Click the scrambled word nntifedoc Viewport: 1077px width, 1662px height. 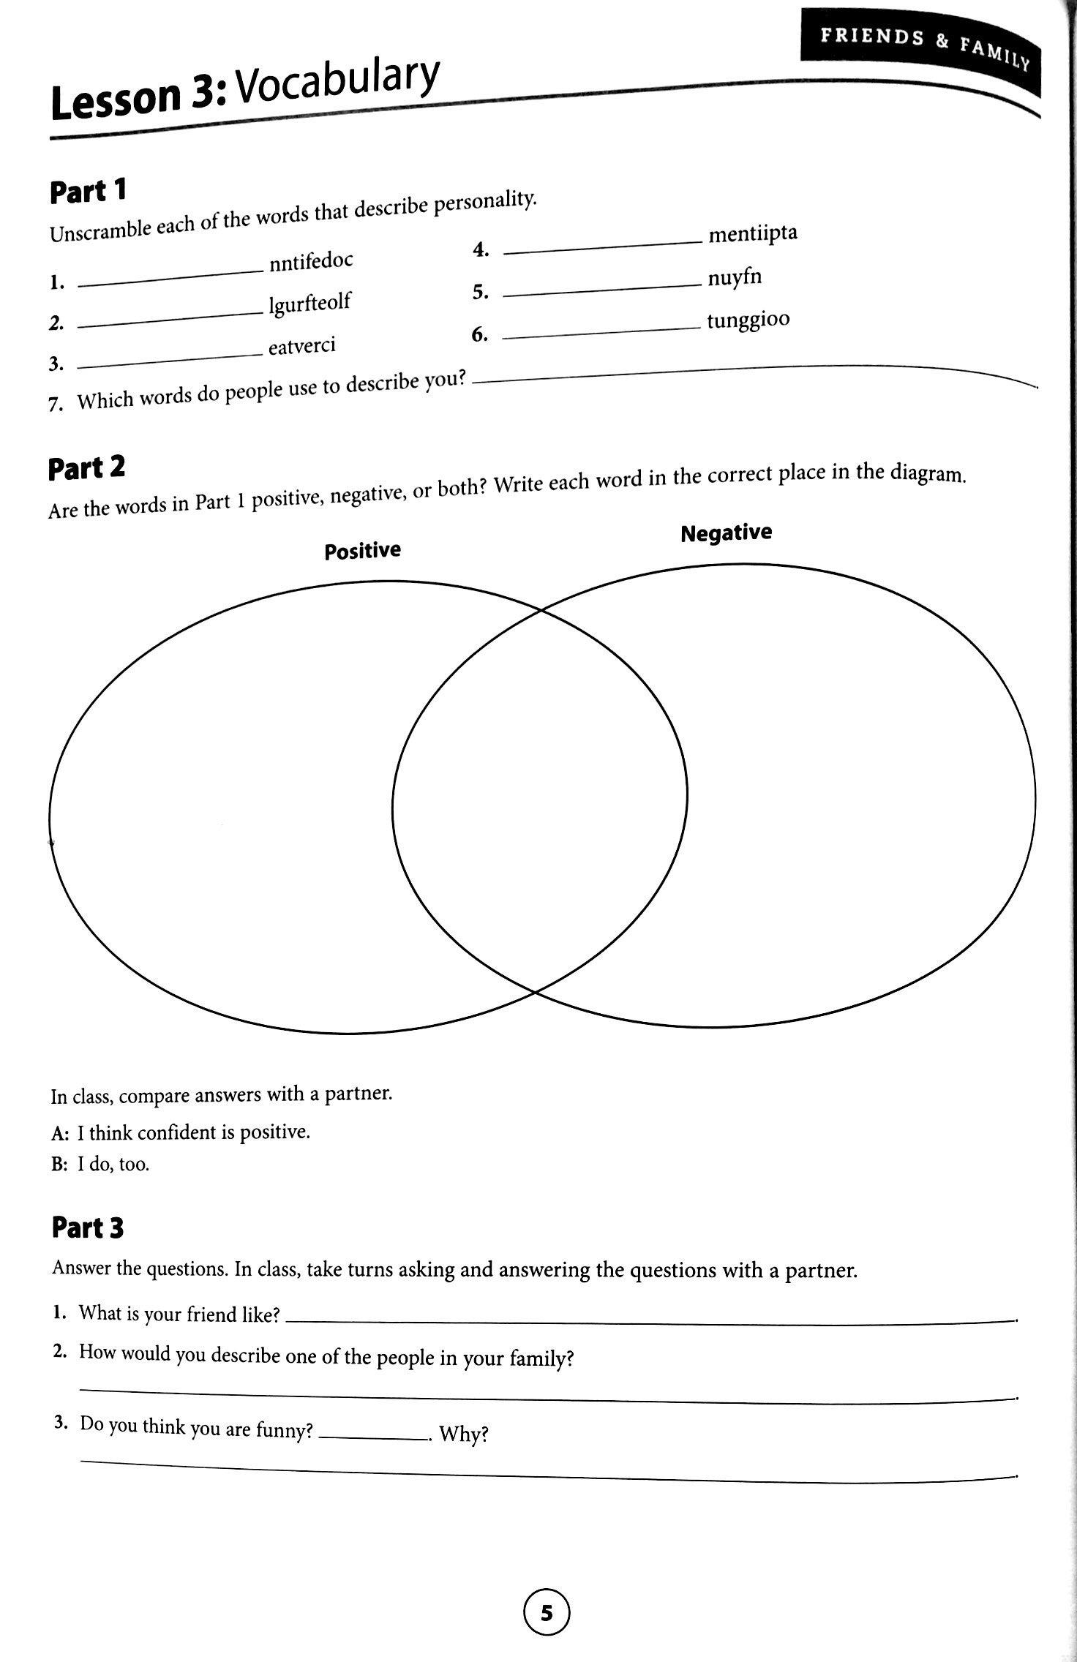point(311,261)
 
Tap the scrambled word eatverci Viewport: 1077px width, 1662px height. point(301,345)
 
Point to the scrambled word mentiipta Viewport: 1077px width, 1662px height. point(753,234)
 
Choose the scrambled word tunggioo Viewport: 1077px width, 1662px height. point(748,320)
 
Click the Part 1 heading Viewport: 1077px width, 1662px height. point(88,192)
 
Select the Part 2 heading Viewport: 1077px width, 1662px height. point(86,468)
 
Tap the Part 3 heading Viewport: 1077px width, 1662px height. point(88,1228)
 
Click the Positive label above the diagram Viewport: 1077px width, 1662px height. point(362,550)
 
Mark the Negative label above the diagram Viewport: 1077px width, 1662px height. point(726,533)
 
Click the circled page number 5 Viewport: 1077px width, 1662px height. point(547,1612)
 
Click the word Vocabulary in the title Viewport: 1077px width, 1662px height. point(338,86)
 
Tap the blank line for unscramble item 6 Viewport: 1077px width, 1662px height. point(602,334)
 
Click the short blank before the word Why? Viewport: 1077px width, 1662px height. point(374,1438)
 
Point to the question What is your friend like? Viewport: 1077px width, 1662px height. point(179,1314)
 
